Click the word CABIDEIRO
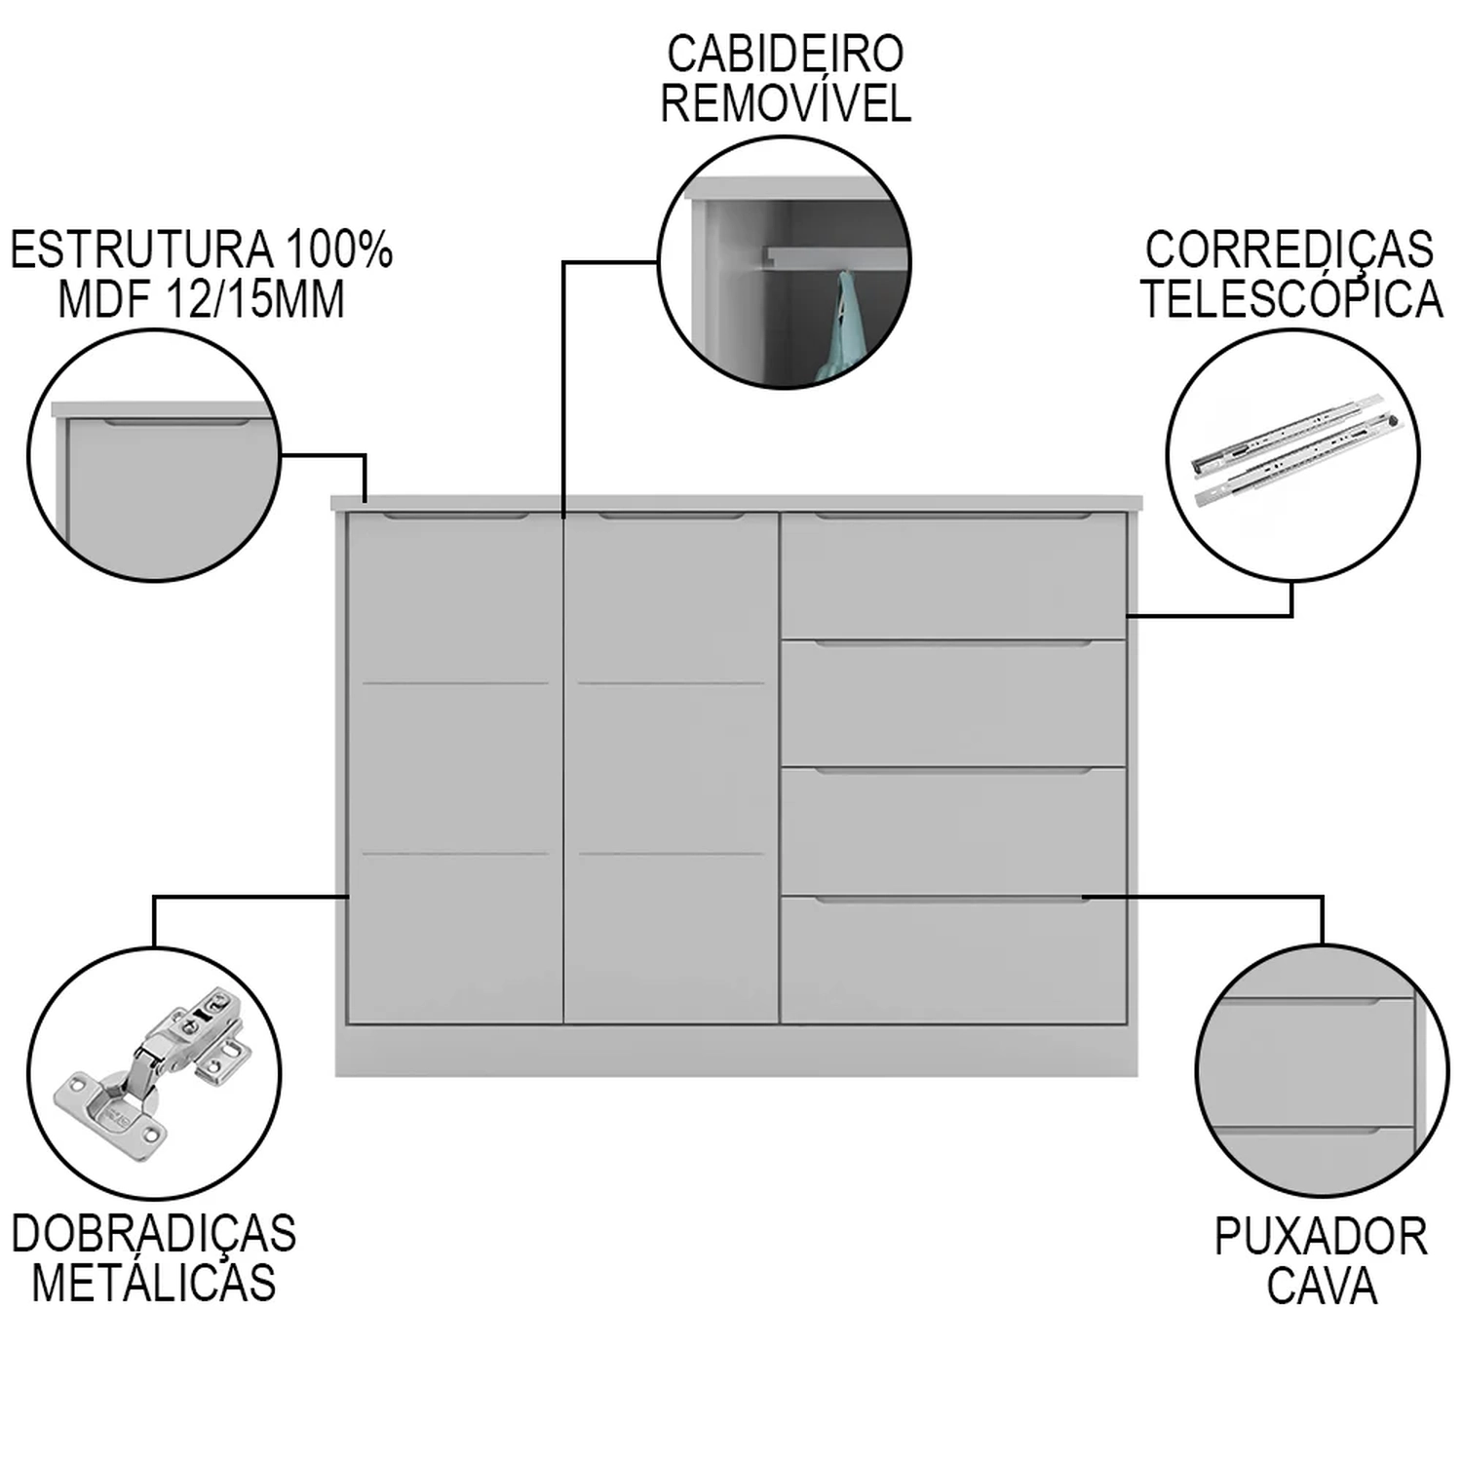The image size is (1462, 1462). pyautogui.click(x=785, y=54)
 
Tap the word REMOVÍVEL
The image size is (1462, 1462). pyautogui.click(x=786, y=103)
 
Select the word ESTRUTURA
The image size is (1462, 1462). pyautogui.click(x=141, y=250)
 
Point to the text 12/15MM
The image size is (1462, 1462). pyautogui.click(x=256, y=299)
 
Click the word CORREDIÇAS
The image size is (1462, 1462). pyautogui.click(x=1289, y=250)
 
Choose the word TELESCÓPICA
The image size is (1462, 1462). pyautogui.click(x=1291, y=299)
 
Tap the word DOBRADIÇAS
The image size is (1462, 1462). pyautogui.click(x=154, y=1234)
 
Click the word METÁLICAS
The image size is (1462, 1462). pyautogui.click(x=154, y=1283)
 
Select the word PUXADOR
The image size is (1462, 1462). pyautogui.click(x=1321, y=1237)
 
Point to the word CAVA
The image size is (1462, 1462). pyautogui.click(x=1322, y=1286)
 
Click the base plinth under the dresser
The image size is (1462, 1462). pyautogui.click(x=736, y=1052)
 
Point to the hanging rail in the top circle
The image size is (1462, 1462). pyautogui.click(x=828, y=257)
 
